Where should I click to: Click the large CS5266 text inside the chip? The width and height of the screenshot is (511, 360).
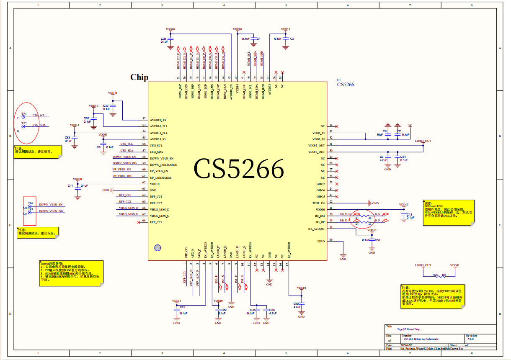(239, 170)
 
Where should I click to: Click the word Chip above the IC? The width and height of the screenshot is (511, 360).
(139, 77)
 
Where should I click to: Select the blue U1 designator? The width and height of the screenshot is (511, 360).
(339, 80)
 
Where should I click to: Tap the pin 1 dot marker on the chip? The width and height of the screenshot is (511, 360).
(157, 247)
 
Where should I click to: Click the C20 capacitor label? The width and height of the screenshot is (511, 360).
(164, 39)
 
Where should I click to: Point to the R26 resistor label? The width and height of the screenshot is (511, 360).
(435, 275)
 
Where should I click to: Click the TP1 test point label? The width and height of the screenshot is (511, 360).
(24, 114)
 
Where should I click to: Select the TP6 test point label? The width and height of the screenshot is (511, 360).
(31, 203)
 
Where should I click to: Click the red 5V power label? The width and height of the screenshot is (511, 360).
(410, 125)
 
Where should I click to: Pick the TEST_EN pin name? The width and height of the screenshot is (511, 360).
(318, 203)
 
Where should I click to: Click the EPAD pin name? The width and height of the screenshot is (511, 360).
(321, 241)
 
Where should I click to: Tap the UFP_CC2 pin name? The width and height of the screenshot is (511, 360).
(156, 222)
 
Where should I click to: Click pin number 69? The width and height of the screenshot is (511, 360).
(331, 240)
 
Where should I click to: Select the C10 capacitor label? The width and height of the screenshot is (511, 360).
(296, 303)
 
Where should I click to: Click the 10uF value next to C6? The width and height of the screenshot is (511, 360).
(379, 135)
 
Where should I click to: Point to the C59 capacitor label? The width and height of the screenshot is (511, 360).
(377, 240)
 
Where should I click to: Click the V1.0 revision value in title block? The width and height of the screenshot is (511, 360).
(471, 339)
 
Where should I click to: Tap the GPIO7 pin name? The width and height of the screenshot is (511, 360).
(321, 184)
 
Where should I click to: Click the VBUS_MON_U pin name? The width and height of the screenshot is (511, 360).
(159, 216)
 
